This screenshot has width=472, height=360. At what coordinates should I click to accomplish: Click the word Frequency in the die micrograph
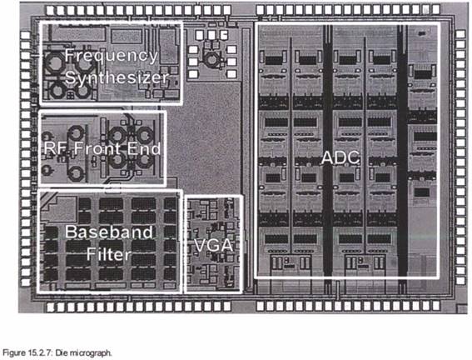click(111, 57)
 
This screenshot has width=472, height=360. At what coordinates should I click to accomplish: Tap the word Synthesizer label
click(117, 77)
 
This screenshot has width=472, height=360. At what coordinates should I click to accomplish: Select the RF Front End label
click(102, 148)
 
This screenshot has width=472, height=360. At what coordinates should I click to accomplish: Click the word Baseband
click(109, 232)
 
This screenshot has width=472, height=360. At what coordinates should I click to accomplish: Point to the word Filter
click(109, 254)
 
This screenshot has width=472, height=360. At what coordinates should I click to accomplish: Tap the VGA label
click(213, 245)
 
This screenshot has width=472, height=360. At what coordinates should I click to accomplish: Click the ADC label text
click(340, 157)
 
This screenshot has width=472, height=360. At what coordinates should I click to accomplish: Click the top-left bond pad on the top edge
click(51, 11)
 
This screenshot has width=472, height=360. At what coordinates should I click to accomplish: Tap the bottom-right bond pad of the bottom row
click(435, 307)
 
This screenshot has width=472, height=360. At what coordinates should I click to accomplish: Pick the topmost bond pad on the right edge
click(460, 34)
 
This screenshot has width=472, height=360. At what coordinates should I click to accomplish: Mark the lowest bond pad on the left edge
click(26, 282)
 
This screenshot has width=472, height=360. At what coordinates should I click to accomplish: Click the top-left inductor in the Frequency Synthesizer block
click(56, 62)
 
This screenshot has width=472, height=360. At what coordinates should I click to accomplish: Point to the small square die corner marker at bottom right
click(462, 309)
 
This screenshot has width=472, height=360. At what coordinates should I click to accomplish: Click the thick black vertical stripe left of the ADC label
click(327, 151)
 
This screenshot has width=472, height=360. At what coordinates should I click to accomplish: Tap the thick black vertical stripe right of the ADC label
click(402, 151)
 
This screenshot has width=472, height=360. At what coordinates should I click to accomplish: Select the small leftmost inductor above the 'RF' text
click(47, 136)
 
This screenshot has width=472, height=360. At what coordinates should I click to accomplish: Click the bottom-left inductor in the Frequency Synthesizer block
click(57, 89)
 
